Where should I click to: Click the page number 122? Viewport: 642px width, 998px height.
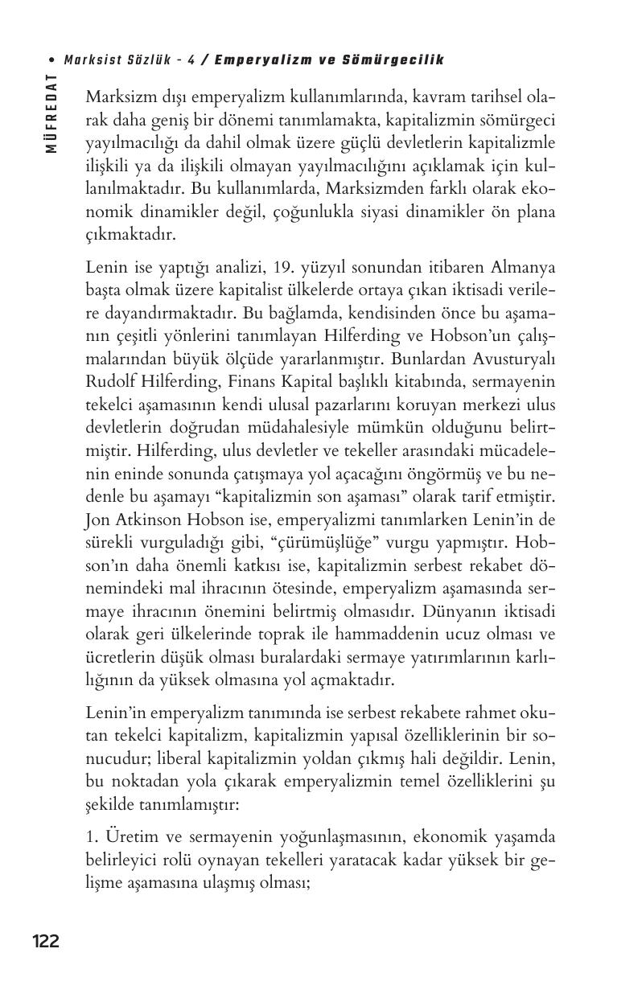pos(45,941)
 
